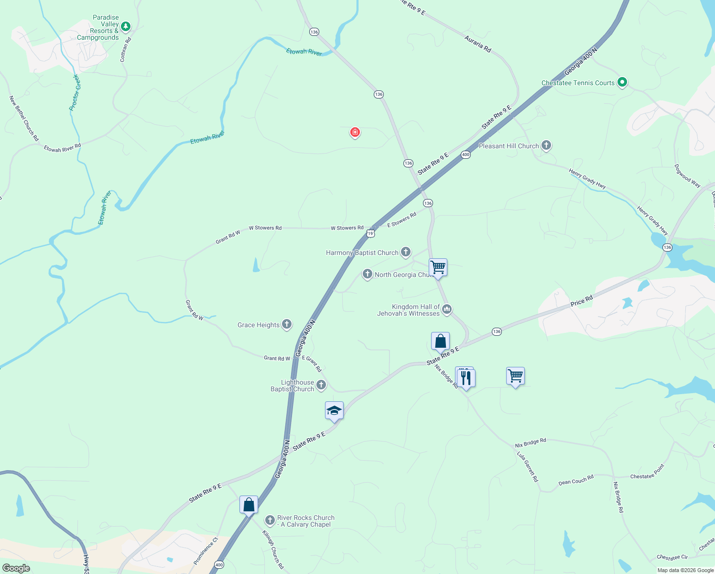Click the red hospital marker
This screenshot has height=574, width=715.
pyautogui.click(x=355, y=132)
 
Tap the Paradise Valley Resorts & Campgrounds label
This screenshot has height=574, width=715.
pyautogui.click(x=98, y=28)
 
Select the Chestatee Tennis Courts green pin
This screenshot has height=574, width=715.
pyautogui.click(x=622, y=82)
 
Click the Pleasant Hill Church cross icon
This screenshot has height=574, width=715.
pyautogui.click(x=546, y=145)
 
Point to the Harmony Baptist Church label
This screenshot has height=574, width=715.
pyautogui.click(x=362, y=253)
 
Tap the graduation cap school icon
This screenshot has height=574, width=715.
pyautogui.click(x=334, y=411)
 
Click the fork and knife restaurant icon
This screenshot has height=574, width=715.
pyautogui.click(x=466, y=377)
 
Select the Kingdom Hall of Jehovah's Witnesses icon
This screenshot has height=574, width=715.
pyautogui.click(x=447, y=309)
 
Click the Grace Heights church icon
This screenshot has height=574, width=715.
pyautogui.click(x=287, y=324)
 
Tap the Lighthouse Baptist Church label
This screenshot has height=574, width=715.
pyautogui.click(x=292, y=386)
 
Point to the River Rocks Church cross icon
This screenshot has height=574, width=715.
pyautogui.click(x=270, y=520)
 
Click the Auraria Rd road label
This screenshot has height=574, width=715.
pyautogui.click(x=477, y=44)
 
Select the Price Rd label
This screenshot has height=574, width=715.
pyautogui.click(x=581, y=301)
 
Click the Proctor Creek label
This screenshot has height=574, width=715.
pyautogui.click(x=75, y=92)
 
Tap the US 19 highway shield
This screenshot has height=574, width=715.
pyautogui.click(x=370, y=233)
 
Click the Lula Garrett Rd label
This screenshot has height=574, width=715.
pyautogui.click(x=528, y=466)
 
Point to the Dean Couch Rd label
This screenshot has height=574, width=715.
pyautogui.click(x=576, y=480)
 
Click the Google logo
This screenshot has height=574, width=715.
pyautogui.click(x=16, y=568)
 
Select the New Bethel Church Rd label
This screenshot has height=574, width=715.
pyautogui.click(x=24, y=118)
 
